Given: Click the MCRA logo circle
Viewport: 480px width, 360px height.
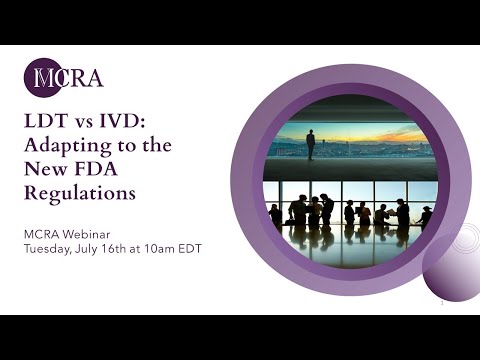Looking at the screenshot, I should point(43,78).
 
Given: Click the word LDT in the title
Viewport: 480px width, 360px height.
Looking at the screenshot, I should point(46,121).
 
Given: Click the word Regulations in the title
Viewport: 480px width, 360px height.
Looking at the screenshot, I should point(79,193).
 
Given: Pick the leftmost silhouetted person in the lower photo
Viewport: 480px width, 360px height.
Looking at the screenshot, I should point(275,215).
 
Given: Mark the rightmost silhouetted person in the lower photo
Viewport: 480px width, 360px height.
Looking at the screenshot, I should point(427,216).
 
